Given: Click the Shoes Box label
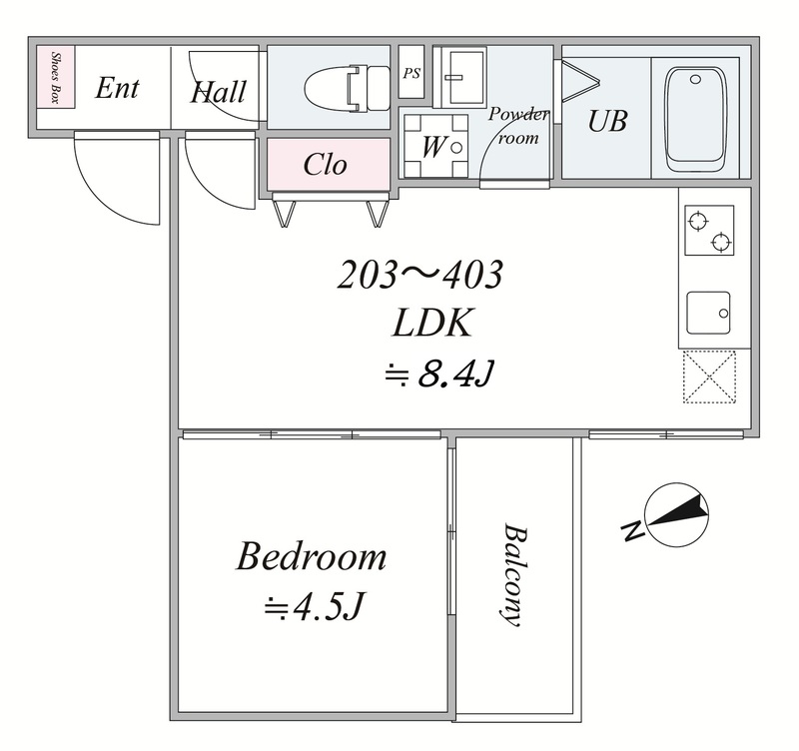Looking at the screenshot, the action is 55,77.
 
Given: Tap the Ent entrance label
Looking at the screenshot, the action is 117,88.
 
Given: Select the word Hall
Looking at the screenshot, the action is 218,92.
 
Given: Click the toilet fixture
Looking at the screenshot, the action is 347,88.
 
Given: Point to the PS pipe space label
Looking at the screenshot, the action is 411,73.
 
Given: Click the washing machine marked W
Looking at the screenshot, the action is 435,146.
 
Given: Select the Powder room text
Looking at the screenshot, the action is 518,126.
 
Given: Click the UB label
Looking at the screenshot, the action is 607,121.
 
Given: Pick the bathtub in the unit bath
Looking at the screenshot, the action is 695,120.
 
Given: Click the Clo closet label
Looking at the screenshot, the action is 326,164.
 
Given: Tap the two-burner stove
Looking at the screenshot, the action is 709,231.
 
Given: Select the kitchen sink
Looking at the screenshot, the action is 708,313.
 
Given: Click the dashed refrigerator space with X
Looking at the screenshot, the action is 709,376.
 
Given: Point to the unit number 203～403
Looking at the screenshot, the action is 420,275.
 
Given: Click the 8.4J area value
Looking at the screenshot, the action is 455,374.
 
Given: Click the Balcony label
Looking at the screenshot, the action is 512,574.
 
